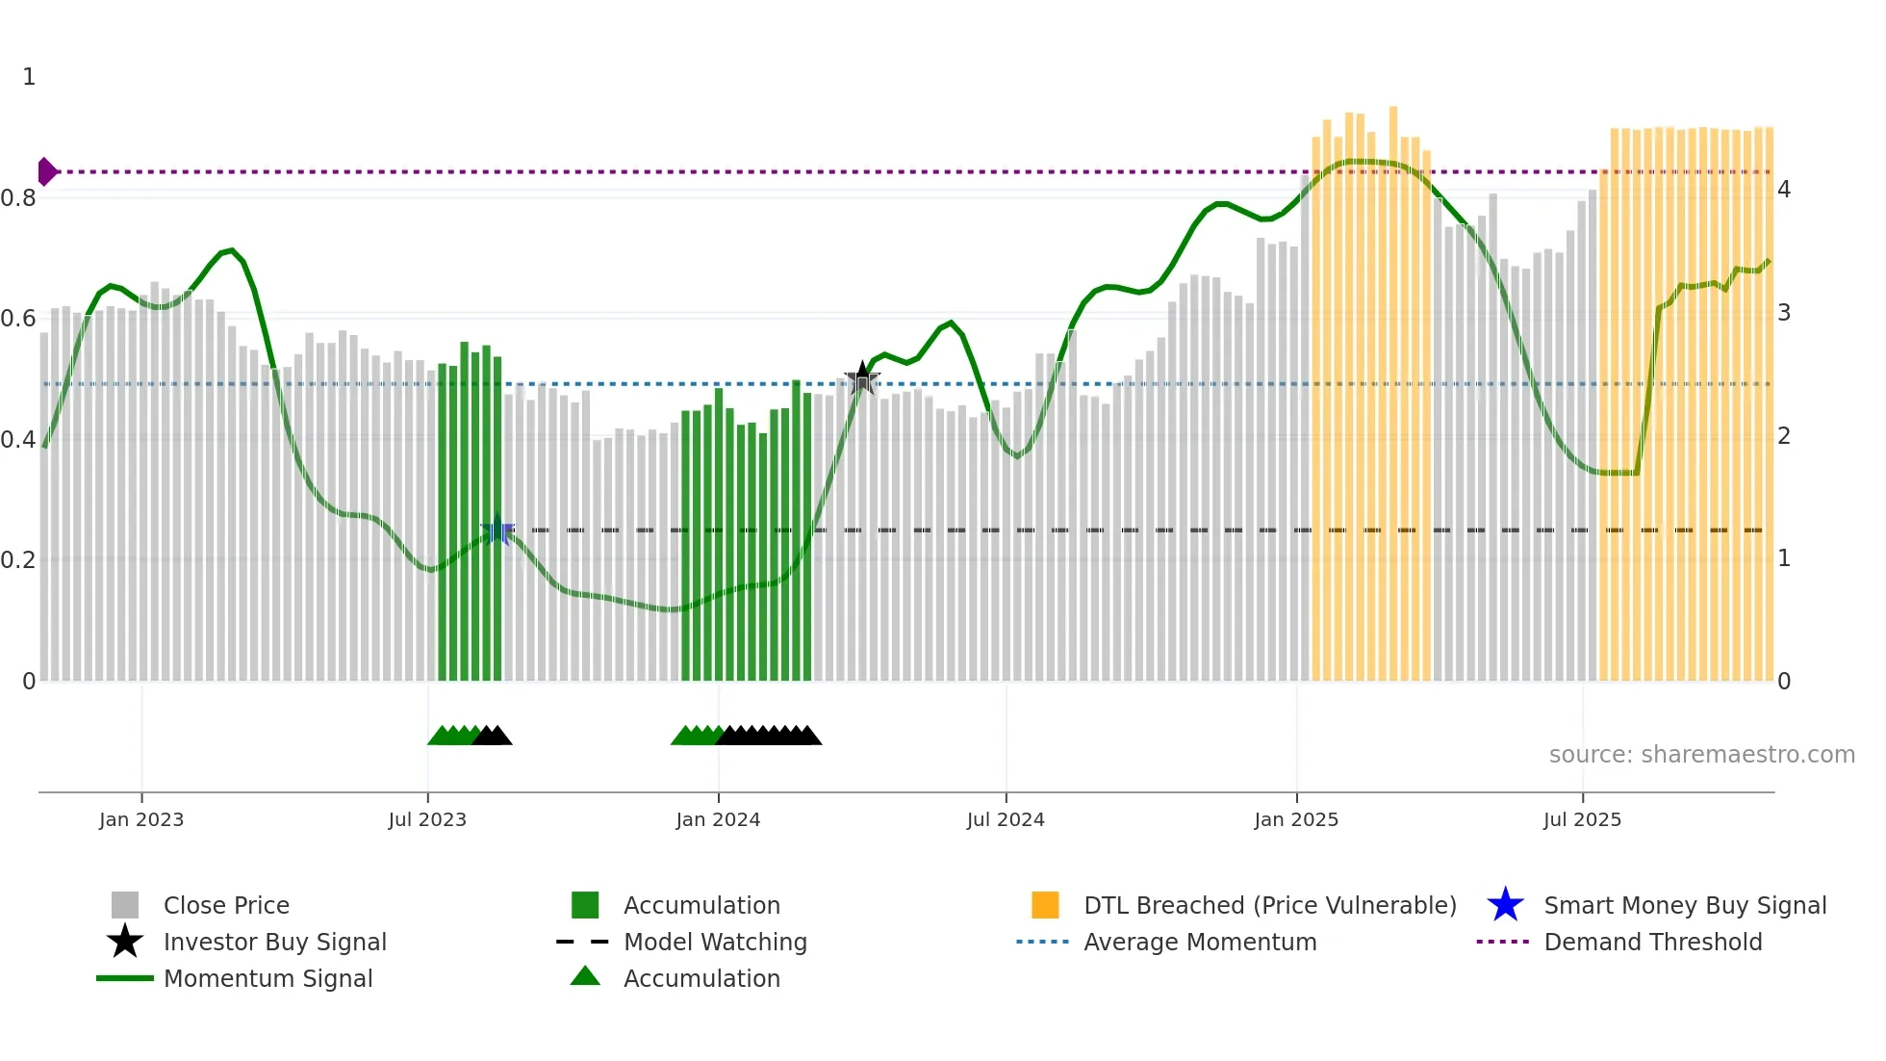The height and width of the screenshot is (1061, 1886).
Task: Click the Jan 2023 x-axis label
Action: click(x=140, y=819)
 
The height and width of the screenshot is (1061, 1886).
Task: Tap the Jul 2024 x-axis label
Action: click(x=1006, y=819)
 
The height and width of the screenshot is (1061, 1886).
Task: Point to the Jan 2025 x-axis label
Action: click(x=1296, y=819)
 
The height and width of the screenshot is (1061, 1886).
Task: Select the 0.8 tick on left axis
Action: click(x=18, y=198)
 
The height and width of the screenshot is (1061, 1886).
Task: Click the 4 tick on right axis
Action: click(x=1784, y=190)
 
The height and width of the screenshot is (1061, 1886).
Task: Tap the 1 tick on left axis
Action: click(x=29, y=77)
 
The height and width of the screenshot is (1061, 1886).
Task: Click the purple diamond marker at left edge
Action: click(x=46, y=171)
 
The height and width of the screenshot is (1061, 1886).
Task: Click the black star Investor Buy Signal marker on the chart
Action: click(x=862, y=378)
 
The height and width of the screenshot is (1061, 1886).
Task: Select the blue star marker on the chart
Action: click(x=497, y=530)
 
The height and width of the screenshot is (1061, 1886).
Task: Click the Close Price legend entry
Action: click(x=226, y=905)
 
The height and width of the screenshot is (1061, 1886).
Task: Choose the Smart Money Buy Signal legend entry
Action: click(x=1684, y=905)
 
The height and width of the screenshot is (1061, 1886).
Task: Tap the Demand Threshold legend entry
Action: click(x=1652, y=942)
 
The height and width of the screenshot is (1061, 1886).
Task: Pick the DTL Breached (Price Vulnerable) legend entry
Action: click(x=1269, y=905)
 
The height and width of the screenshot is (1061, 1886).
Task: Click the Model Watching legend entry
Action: click(x=714, y=942)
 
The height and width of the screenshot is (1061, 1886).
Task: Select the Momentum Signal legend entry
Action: click(x=268, y=978)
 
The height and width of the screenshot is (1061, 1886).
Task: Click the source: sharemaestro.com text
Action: click(x=1701, y=754)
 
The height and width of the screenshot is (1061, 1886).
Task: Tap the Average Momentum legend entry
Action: click(x=1199, y=942)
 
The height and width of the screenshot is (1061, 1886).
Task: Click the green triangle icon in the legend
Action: click(x=585, y=976)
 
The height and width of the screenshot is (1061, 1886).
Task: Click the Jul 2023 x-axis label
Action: click(x=427, y=819)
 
